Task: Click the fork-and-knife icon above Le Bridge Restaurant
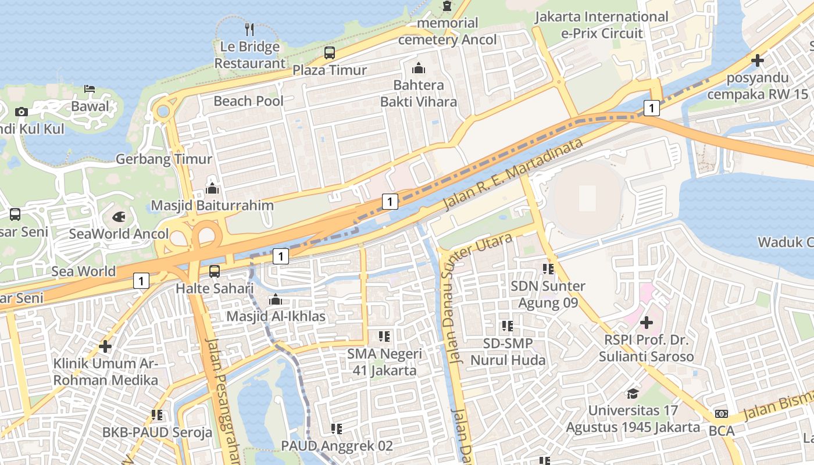point(249,28)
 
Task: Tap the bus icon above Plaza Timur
point(330,53)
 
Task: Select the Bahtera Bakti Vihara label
point(419,94)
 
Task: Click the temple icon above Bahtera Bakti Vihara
point(419,68)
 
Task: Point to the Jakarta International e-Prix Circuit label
point(601,25)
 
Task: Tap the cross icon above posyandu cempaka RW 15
point(757,60)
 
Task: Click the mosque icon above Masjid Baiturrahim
point(212,188)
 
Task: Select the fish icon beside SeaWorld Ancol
point(119,217)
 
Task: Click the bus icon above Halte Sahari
point(215,271)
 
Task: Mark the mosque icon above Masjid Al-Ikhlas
point(276,300)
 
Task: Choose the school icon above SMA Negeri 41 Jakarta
point(384,336)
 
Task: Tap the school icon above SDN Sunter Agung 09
point(548,269)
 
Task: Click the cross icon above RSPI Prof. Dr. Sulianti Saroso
point(646,322)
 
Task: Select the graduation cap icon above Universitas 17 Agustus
point(633,394)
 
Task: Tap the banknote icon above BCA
point(721,414)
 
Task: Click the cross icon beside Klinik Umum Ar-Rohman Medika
point(105,346)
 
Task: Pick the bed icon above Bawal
point(90,89)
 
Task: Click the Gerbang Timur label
point(164,159)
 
